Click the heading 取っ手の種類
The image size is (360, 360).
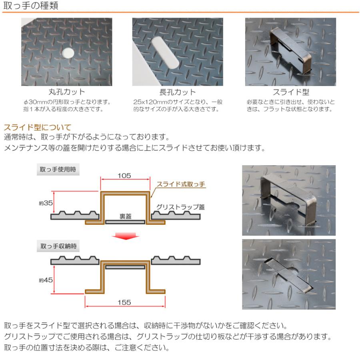click(x=31, y=5)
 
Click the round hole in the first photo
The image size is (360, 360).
click(x=68, y=53)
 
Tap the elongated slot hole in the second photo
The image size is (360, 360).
click(x=165, y=53)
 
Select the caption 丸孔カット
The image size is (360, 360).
click(x=66, y=92)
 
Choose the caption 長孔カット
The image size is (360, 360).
click(x=178, y=92)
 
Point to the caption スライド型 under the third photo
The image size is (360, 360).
click(x=291, y=92)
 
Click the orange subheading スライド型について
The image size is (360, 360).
click(x=38, y=128)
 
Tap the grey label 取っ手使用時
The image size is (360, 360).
click(x=58, y=170)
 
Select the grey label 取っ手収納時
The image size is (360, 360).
click(x=58, y=246)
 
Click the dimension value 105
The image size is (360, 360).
click(x=124, y=176)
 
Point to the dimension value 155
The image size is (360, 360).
click(x=124, y=302)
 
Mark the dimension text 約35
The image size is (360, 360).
click(x=46, y=203)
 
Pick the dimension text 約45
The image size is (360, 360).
click(x=46, y=280)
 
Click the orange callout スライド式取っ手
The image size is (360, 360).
click(x=181, y=184)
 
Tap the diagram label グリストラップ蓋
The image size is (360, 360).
click(x=180, y=207)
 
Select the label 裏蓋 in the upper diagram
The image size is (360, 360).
click(x=125, y=216)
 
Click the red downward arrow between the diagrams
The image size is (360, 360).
click(x=125, y=236)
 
